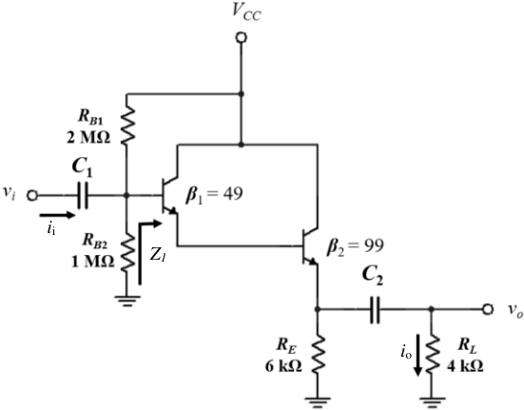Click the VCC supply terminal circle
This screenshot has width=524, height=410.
[241, 38]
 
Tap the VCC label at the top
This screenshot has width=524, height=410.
[246, 12]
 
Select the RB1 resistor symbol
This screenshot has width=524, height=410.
[126, 126]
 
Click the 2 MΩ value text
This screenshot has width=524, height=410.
[88, 137]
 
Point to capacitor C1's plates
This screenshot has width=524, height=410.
[82, 195]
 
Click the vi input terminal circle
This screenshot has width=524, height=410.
[32, 195]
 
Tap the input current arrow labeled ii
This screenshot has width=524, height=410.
[57, 215]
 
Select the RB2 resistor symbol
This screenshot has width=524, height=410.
[126, 253]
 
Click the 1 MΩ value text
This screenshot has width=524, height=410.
[92, 262]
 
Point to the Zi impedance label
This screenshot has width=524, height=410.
[157, 255]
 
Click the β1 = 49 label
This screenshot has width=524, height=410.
[214, 194]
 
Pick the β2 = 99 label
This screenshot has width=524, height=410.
[356, 246]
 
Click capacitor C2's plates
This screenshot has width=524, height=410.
[375, 310]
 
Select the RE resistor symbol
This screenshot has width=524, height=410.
[318, 355]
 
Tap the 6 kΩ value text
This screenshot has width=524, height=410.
[283, 366]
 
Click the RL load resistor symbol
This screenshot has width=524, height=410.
[432, 355]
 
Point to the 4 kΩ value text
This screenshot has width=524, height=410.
[465, 366]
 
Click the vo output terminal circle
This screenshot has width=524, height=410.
[488, 309]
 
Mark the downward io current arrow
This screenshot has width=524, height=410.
[417, 355]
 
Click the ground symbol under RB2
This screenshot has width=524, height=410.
[126, 302]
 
